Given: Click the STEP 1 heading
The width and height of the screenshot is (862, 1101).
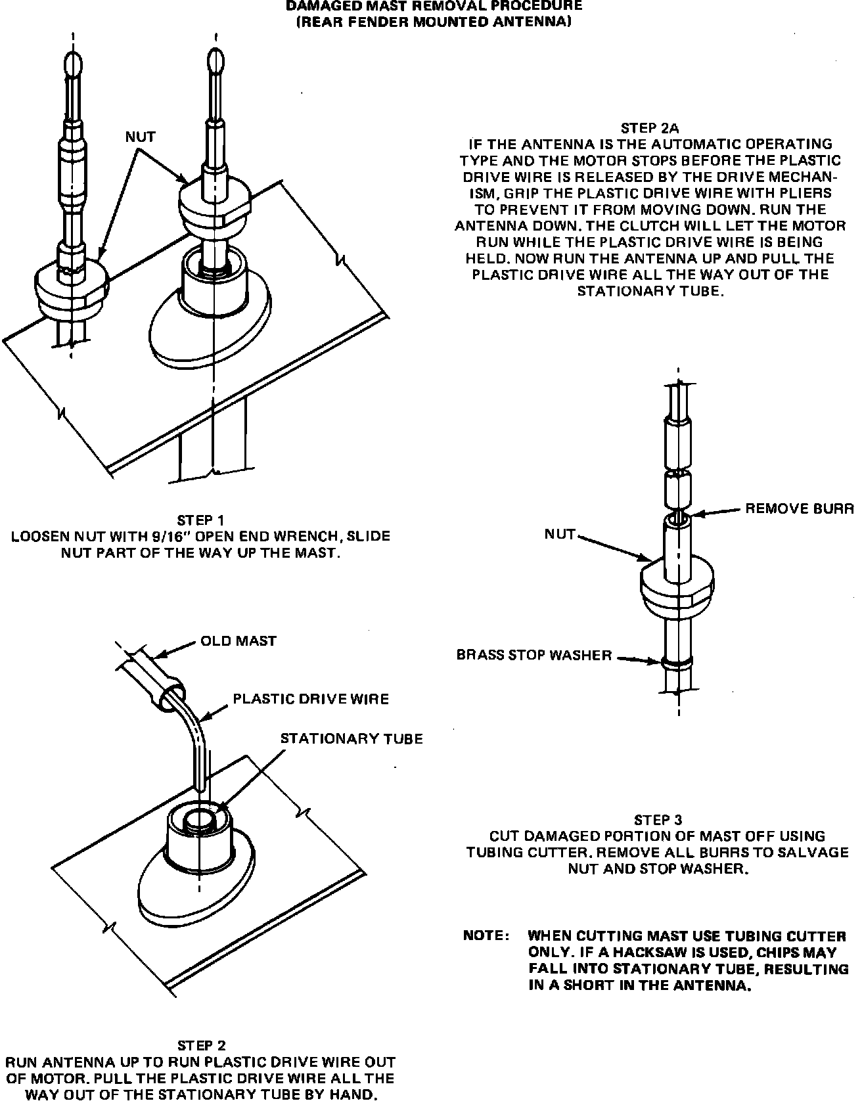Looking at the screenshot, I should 200,520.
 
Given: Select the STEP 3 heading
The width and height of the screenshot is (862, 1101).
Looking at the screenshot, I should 658,819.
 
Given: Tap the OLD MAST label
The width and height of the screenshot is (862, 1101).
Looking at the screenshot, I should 238,640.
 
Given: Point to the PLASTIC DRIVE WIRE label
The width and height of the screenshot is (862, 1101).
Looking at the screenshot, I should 311,698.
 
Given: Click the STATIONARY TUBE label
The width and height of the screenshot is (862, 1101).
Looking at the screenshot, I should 352,738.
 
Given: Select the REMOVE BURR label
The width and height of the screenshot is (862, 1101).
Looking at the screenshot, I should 799,508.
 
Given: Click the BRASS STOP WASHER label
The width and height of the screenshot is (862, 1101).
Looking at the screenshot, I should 534,655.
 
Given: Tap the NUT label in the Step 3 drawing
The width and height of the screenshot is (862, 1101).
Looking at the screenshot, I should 560,534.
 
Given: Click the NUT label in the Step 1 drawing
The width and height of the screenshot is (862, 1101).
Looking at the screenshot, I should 141,137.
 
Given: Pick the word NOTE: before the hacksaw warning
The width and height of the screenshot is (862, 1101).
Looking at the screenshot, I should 486,935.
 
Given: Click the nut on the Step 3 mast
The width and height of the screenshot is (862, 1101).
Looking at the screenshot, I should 677,585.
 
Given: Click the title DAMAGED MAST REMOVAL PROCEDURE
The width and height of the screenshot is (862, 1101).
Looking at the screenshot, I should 434,6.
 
